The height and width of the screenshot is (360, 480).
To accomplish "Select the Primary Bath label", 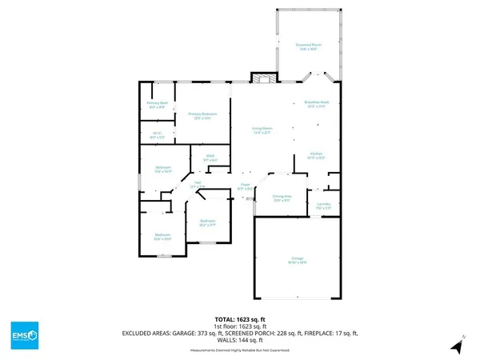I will [x=157, y=105].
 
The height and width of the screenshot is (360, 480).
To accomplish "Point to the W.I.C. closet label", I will [x=157, y=135].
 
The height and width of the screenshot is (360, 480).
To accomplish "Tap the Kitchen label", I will [x=316, y=154].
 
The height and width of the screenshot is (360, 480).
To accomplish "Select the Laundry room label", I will [x=323, y=206].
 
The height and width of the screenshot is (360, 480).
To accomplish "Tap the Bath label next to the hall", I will [x=210, y=158].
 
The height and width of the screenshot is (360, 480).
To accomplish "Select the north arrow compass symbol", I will [x=457, y=346].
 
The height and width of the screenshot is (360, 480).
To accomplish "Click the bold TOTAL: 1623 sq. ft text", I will [x=239, y=318].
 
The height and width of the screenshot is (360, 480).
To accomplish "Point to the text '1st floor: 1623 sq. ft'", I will [x=239, y=326].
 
